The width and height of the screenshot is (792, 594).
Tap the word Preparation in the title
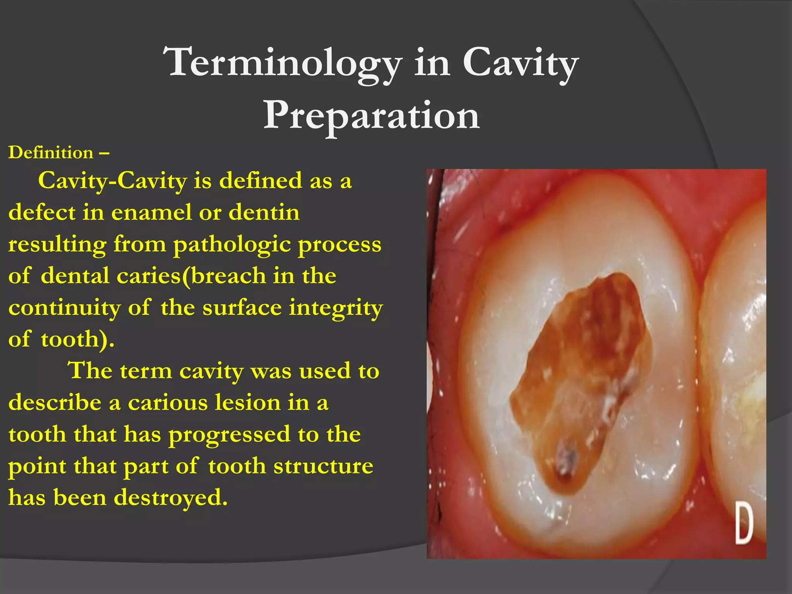pyautogui.click(x=371, y=115)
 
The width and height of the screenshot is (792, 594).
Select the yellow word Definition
pyautogui.click(x=51, y=153)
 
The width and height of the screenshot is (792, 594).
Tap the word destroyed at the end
pyautogui.click(x=170, y=497)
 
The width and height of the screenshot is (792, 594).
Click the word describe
pyautogui.click(x=55, y=403)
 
